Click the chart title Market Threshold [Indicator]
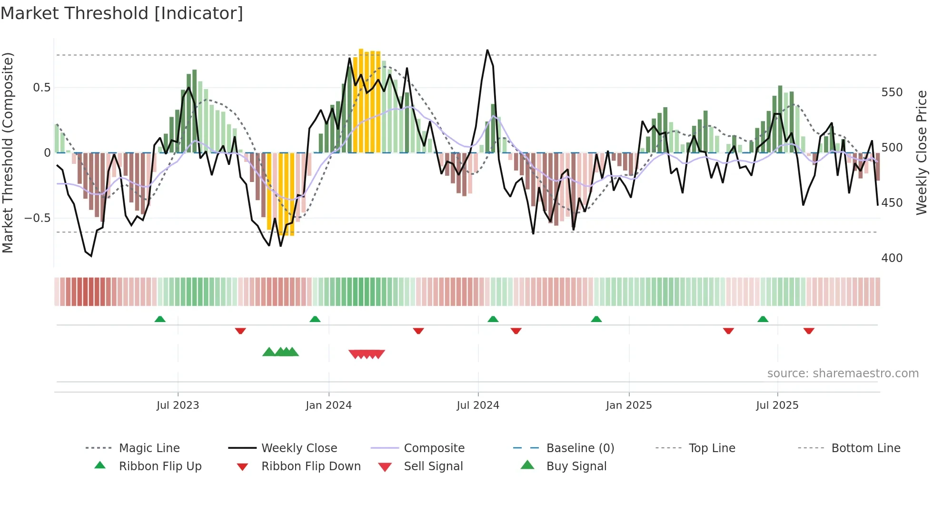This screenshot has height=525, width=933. click(122, 13)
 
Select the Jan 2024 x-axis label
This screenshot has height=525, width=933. click(328, 405)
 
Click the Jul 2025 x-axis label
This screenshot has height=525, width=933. click(777, 405)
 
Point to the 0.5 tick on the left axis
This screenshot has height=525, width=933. click(41, 88)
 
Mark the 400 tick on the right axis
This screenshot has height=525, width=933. click(892, 258)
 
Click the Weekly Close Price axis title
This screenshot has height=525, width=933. click(922, 152)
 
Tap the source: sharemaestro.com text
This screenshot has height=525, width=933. click(843, 374)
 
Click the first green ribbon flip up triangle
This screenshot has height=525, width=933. click(160, 319)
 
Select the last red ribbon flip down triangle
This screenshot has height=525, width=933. click(809, 331)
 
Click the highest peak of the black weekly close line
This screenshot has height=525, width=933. click(487, 50)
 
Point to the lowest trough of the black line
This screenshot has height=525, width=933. click(91, 256)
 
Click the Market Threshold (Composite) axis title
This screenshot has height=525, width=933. click(8, 152)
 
